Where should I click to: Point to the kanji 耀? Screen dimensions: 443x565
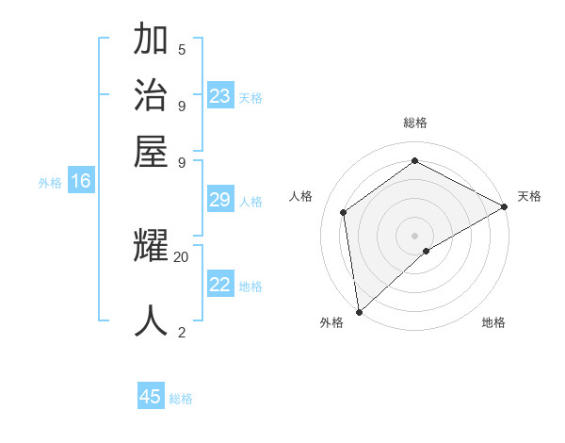[x=151, y=247]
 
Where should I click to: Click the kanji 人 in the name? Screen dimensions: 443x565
[x=151, y=320]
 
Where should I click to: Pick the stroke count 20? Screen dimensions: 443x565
[x=182, y=256]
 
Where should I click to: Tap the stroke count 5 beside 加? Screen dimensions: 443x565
[x=182, y=49]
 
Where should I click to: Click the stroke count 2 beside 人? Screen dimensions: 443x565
[x=182, y=332]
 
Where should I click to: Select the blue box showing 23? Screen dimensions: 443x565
[x=220, y=96]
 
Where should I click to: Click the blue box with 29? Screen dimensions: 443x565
[x=220, y=200]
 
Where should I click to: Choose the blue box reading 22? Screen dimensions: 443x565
[x=220, y=285]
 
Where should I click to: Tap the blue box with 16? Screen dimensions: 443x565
[x=81, y=181]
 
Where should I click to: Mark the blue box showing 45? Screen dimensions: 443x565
[x=151, y=397]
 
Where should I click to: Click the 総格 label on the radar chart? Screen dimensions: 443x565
[x=415, y=123]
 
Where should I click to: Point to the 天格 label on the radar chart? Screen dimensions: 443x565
[x=530, y=196]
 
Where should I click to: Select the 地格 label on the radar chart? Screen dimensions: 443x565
[x=493, y=322]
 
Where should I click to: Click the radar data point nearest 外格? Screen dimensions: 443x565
[x=359, y=312]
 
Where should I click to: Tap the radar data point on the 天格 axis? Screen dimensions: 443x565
[x=505, y=206]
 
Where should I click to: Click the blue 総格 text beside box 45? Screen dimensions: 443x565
[x=181, y=399]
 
